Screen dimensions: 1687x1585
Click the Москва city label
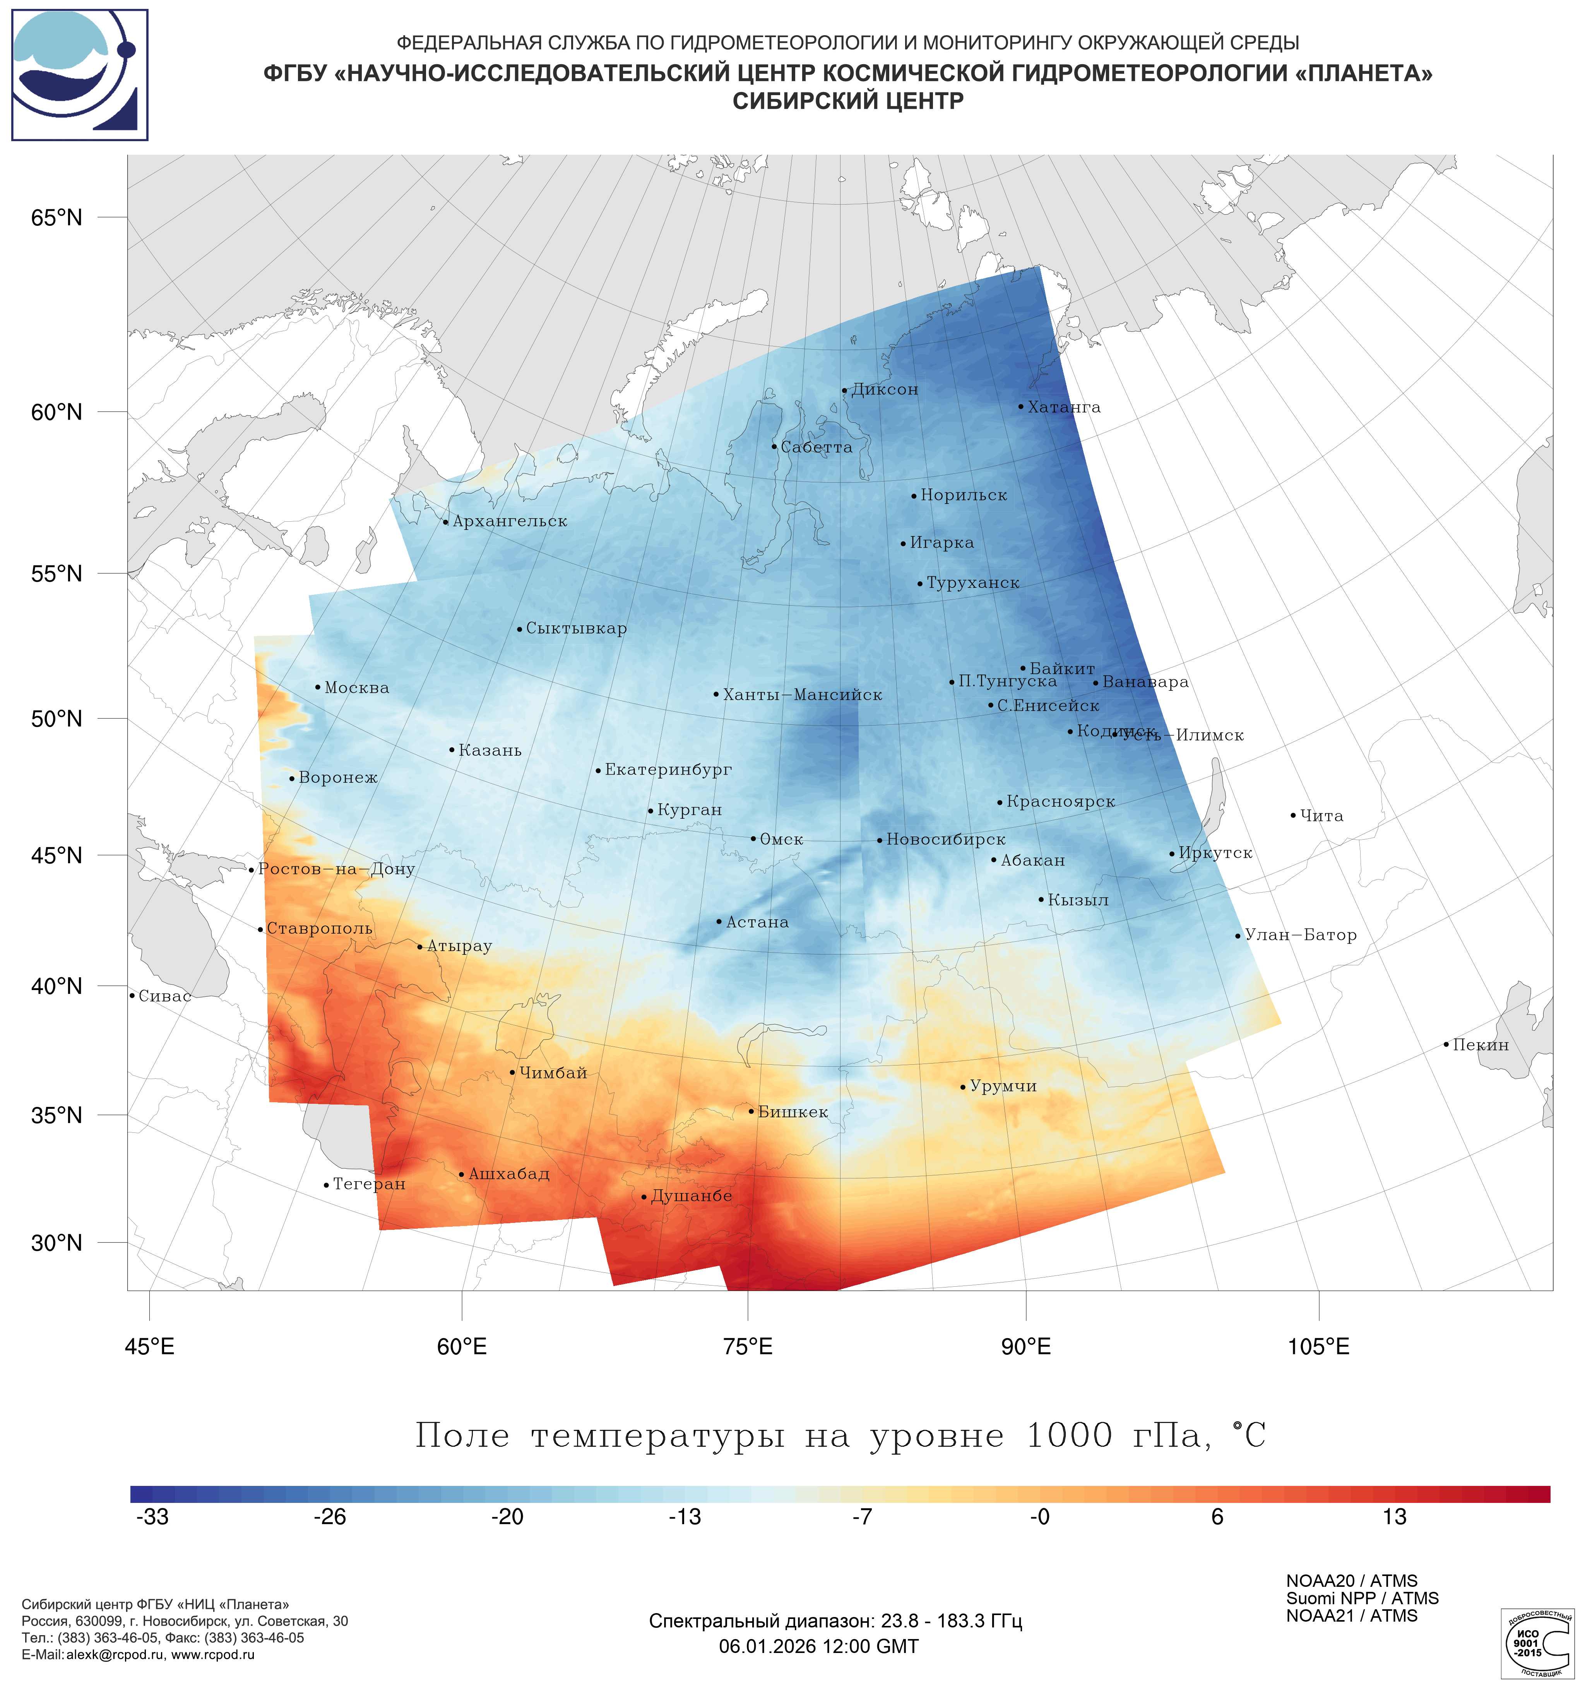pos(356,688)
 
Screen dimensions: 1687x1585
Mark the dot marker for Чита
pos(1293,816)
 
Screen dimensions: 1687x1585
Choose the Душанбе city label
pos(691,1197)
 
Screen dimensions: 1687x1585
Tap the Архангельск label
pos(509,522)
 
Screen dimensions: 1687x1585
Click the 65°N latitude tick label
pos(57,218)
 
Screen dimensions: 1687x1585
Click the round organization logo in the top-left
pos(79,75)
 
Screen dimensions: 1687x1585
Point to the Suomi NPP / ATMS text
pos(1362,1599)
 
